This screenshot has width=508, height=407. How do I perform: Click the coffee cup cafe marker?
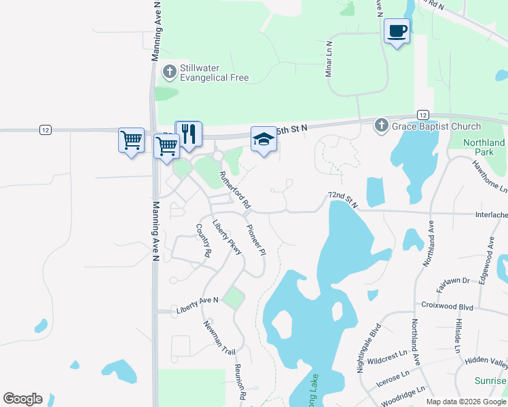[x=397, y=31]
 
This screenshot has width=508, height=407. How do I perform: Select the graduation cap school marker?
[x=264, y=140]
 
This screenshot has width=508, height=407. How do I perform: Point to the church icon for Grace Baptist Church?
[x=382, y=125]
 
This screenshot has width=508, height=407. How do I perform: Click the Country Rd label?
[x=203, y=241]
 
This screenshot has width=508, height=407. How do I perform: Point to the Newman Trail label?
[x=219, y=338]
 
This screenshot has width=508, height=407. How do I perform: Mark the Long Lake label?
[x=314, y=391]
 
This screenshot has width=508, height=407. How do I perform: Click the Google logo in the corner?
[x=22, y=399]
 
